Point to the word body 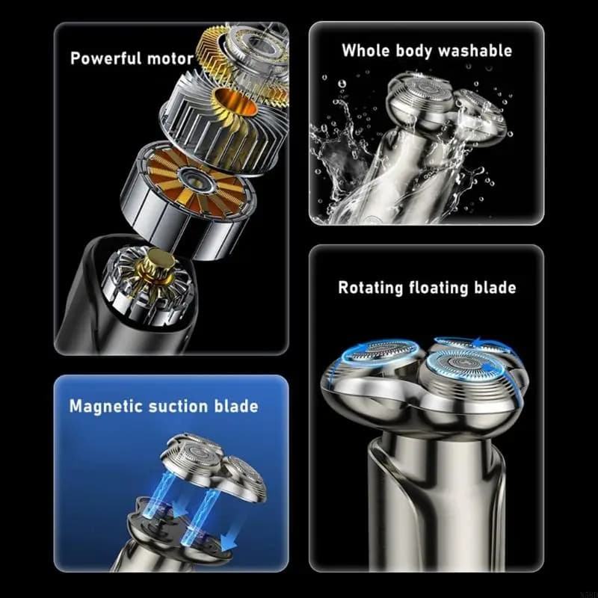tap(414, 51)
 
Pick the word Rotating tap(370, 288)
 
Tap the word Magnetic tap(106, 407)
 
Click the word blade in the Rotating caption tap(495, 287)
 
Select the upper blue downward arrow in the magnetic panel tap(180, 505)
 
